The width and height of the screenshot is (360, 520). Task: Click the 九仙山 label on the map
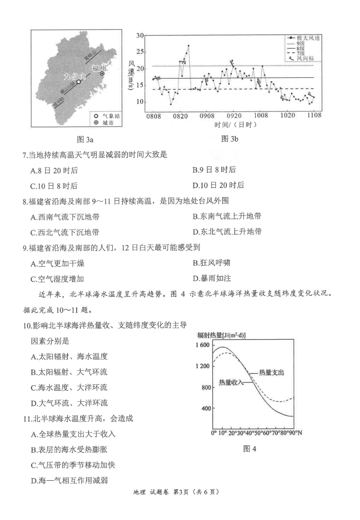(x=74, y=76)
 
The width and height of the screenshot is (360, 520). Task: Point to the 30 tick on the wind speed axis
(x=140, y=36)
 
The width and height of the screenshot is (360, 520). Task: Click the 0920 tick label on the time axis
(x=234, y=116)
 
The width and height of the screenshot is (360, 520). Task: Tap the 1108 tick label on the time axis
(x=314, y=115)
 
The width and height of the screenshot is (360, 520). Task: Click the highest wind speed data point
(x=188, y=46)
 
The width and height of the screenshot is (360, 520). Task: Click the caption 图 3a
(x=85, y=139)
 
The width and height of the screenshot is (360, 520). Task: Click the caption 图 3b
(x=230, y=139)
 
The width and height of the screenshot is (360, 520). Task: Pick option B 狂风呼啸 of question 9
(x=211, y=263)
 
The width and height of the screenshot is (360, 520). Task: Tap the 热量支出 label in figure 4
(x=271, y=373)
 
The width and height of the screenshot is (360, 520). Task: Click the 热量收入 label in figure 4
(x=231, y=382)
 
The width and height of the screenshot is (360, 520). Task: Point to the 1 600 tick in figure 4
(x=202, y=345)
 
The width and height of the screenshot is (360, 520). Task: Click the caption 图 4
(x=250, y=449)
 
